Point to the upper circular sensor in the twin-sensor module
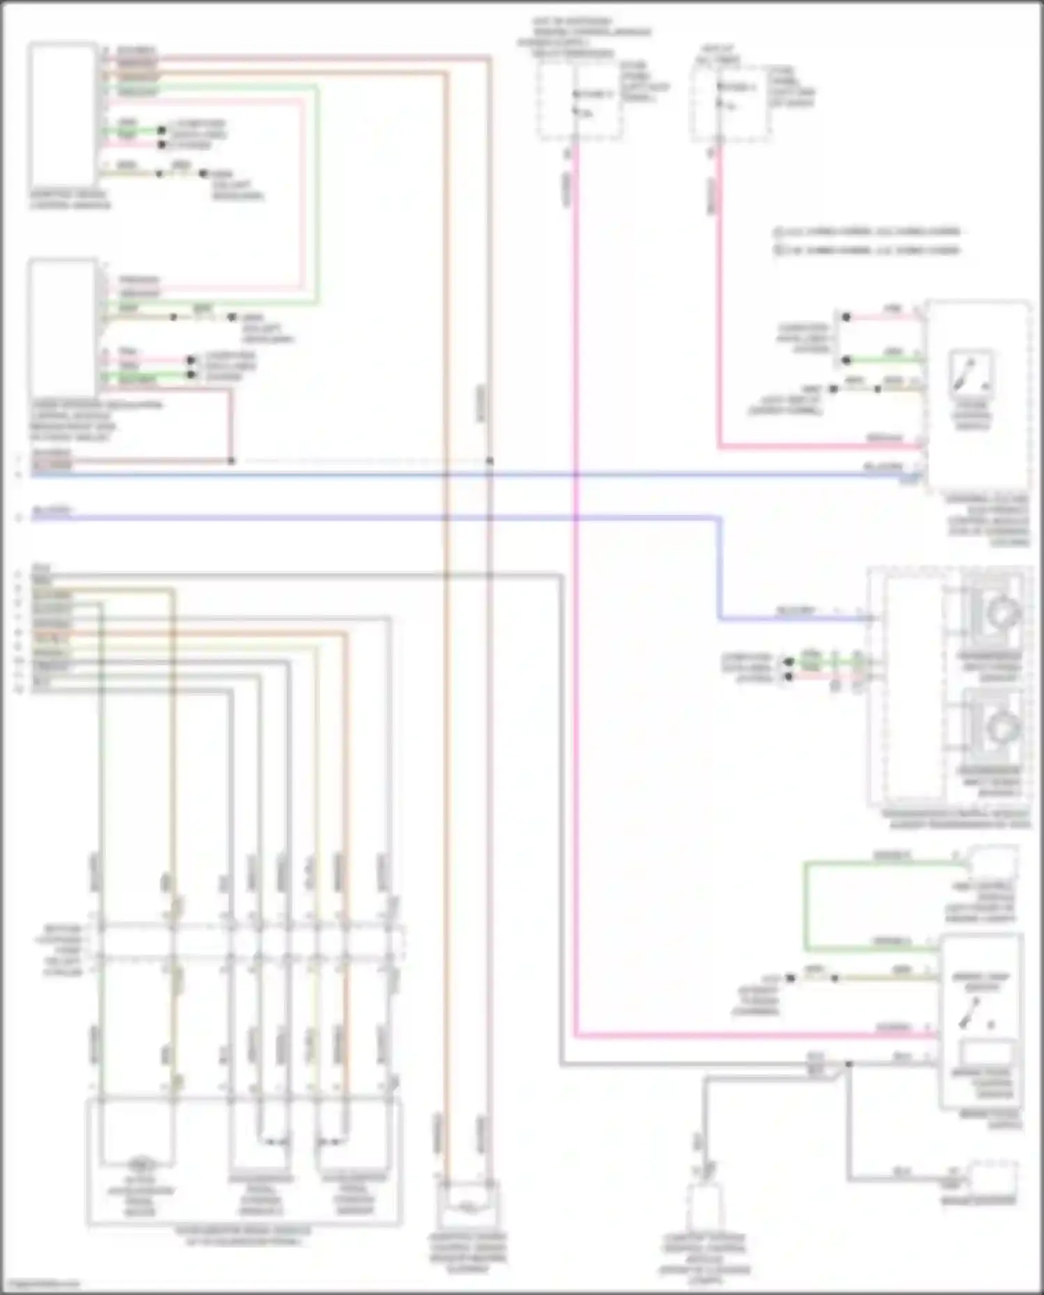(1001, 613)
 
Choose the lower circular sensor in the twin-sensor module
(1001, 727)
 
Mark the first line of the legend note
(867, 232)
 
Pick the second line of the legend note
(867, 250)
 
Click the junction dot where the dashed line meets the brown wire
(490, 461)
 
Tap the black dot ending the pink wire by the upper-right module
(846, 317)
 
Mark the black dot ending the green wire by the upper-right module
(846, 360)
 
